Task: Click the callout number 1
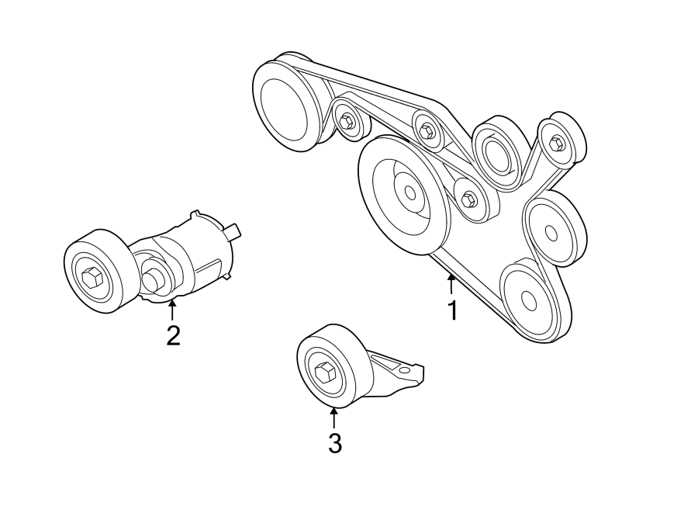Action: tap(451, 310)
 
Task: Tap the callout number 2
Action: tap(173, 335)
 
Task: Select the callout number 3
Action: tap(334, 443)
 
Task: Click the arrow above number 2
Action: tap(172, 310)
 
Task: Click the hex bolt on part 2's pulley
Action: tap(91, 277)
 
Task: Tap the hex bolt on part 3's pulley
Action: tap(324, 373)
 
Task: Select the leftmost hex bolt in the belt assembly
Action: tap(347, 120)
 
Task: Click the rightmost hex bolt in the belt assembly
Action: tap(555, 143)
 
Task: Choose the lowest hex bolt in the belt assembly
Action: tap(468, 199)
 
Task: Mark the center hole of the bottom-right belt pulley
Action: tap(527, 300)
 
